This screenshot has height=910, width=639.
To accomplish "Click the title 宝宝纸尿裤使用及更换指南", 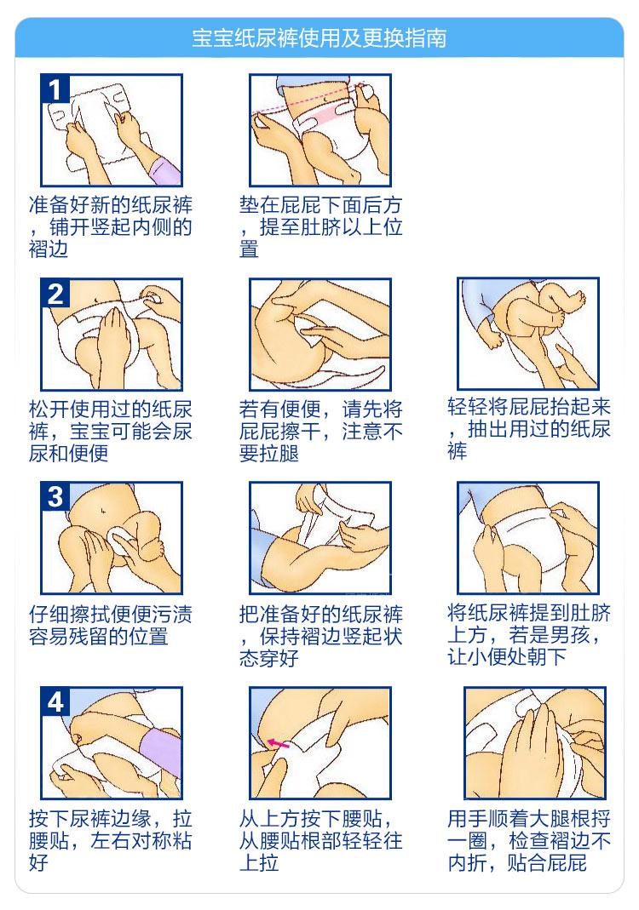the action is (319, 38).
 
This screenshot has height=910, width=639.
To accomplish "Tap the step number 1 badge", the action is (55, 89).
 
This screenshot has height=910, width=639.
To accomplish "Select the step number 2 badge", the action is (55, 293).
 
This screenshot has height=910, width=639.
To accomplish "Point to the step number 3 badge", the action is (55, 497).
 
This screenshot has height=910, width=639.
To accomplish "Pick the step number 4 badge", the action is (55, 701).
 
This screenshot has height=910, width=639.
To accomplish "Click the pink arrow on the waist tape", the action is (278, 743).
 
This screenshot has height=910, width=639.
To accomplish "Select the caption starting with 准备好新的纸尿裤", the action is (111, 227).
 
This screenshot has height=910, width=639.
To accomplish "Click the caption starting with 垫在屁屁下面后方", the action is (320, 227).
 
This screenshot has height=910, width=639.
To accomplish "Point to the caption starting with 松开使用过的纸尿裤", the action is (111, 432).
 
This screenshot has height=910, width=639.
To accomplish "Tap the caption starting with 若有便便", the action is (320, 432).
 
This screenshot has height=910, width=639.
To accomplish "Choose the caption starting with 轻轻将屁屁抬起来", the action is (528, 429).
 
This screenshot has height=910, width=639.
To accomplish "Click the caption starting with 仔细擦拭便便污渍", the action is (111, 625).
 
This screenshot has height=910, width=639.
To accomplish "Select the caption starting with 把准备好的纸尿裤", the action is (320, 636).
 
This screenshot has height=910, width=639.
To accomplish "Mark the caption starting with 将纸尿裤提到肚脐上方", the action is (528, 634).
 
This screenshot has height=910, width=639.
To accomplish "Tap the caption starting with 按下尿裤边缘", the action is (111, 840).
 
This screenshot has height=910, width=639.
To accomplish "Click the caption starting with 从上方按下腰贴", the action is (320, 840).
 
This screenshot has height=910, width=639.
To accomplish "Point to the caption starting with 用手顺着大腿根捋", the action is (528, 840).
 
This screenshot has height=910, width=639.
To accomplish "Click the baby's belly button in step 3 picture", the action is (102, 512).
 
